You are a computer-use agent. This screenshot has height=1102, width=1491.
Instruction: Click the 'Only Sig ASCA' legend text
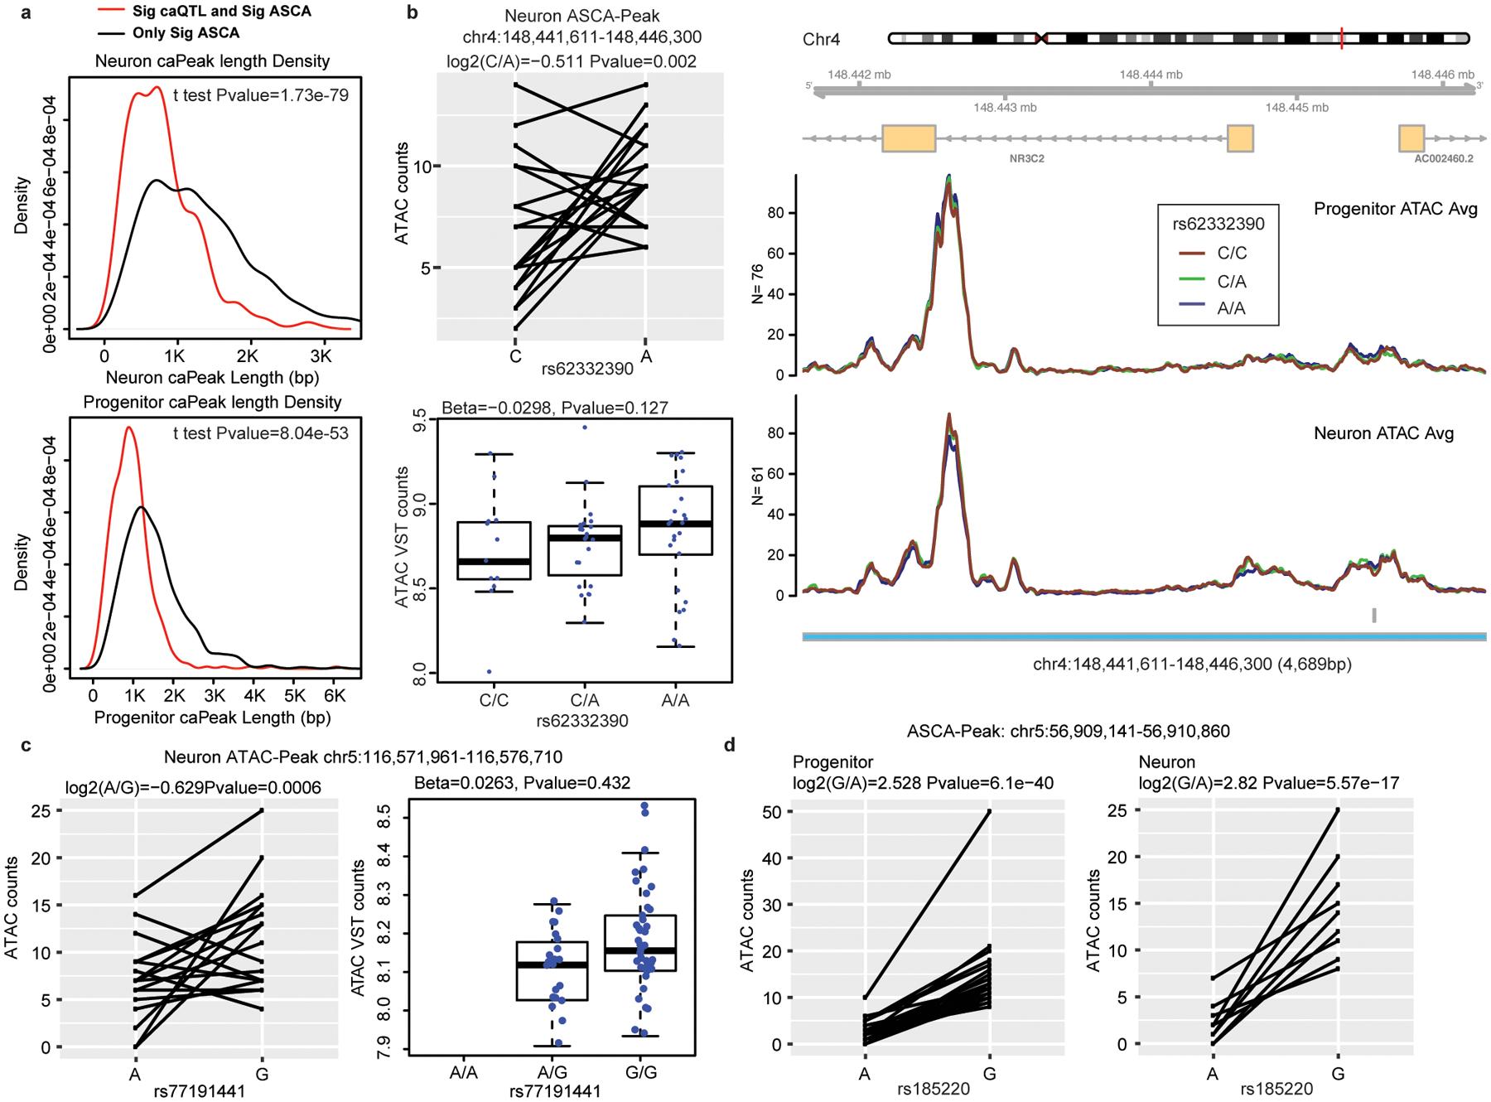click(x=186, y=33)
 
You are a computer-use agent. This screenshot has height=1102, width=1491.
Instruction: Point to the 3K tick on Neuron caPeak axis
click(x=321, y=356)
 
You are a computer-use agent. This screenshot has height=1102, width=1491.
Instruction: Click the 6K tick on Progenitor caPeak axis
click(x=333, y=694)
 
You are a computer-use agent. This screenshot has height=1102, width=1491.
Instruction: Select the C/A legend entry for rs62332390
click(x=1232, y=282)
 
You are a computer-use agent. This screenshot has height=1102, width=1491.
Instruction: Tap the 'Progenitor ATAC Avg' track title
click(x=1395, y=209)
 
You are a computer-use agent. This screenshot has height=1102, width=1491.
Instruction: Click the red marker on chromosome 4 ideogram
click(x=1342, y=38)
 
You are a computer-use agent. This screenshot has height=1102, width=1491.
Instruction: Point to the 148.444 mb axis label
click(x=1151, y=75)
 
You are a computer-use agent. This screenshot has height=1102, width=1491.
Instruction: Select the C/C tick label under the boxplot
click(x=494, y=700)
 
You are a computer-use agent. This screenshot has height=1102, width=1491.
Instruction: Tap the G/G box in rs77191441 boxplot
click(x=640, y=943)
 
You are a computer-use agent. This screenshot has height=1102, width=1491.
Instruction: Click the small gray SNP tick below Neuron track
click(x=1374, y=615)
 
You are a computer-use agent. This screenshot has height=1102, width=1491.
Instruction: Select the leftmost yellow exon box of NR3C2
click(x=909, y=138)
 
